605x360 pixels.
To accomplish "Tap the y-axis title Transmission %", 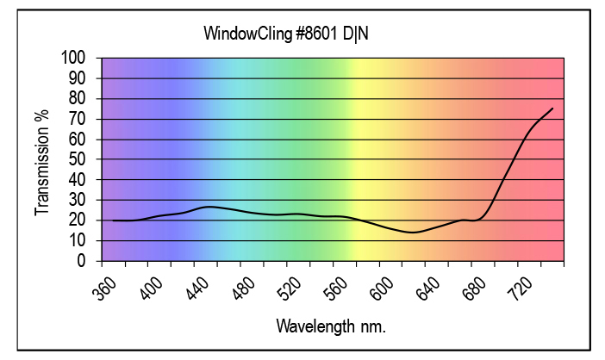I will coord(42,162).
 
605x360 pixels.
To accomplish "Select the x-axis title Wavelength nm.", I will coord(331,326).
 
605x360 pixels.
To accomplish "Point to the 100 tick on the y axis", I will coord(74,58).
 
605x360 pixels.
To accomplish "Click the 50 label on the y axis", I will coord(78,159).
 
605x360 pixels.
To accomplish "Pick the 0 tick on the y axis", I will coord(82,261).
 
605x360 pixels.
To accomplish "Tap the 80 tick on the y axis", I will coord(78,98).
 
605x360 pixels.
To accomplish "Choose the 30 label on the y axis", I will coord(78,200).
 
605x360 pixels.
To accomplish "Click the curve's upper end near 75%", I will coord(552,109).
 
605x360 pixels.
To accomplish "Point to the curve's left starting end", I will coord(113,220).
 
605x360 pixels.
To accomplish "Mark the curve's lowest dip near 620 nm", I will coord(413,233).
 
